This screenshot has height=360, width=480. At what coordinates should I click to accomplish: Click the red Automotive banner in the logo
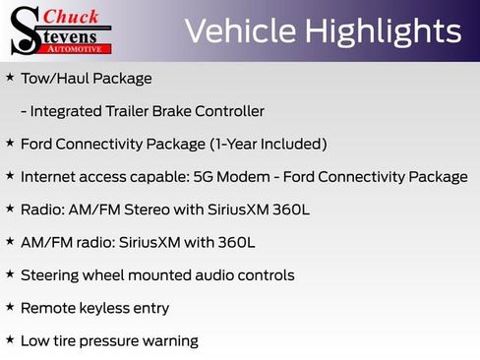[75, 47]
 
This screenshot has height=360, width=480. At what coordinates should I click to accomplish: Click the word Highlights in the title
[384, 31]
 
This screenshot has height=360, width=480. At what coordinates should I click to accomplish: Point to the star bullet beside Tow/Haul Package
[10, 77]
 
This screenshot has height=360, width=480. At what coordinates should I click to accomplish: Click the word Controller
[232, 111]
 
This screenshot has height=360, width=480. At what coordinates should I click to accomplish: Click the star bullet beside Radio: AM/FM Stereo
[10, 209]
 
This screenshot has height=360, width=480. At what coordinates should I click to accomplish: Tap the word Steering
[52, 275]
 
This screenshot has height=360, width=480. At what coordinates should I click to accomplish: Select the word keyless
[108, 308]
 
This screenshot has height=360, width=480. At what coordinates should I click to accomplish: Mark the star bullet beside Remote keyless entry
[10, 307]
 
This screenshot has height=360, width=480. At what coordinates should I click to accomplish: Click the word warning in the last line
[168, 341]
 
